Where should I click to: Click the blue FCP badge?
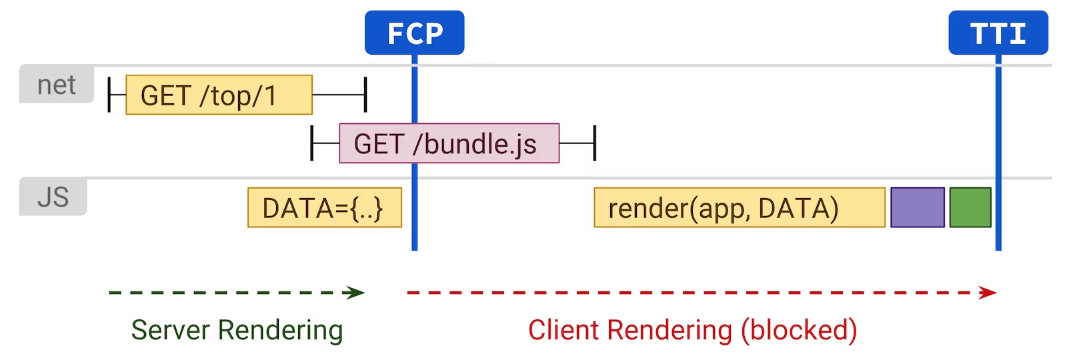click(x=414, y=33)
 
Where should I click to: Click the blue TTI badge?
click(x=998, y=33)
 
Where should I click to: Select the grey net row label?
click(x=57, y=85)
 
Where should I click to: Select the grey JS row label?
click(x=53, y=197)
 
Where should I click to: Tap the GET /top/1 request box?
click(x=219, y=95)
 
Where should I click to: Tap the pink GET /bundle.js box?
click(x=449, y=143)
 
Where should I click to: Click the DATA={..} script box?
click(x=324, y=208)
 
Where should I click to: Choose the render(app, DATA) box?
click(x=739, y=208)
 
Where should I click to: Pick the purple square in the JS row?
click(x=918, y=208)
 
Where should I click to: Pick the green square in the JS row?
click(x=970, y=208)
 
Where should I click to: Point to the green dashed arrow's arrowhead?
click(x=357, y=293)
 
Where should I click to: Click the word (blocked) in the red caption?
click(x=799, y=330)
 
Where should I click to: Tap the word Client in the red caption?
click(x=564, y=330)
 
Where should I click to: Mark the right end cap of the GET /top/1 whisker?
click(x=365, y=95)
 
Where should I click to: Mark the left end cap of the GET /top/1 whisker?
click(x=109, y=95)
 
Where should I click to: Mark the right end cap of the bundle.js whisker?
click(x=594, y=143)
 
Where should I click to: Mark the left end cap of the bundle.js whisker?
click(x=312, y=143)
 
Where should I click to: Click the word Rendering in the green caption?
click(x=280, y=330)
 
